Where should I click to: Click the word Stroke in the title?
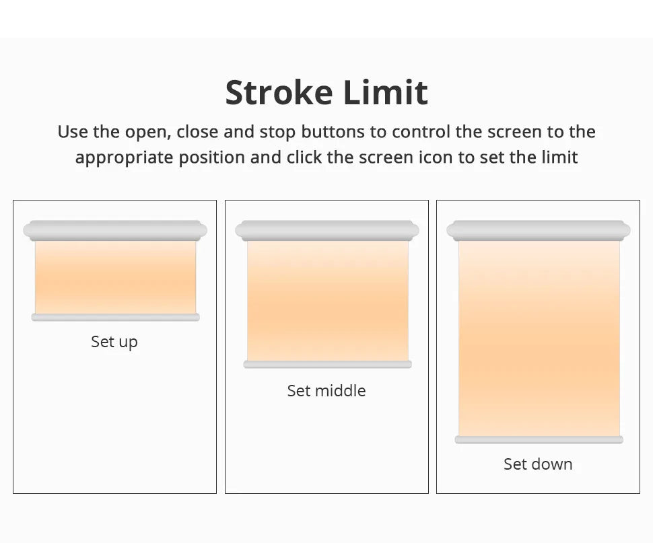click(279, 92)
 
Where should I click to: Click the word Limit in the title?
click(386, 92)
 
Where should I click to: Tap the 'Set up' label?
click(114, 342)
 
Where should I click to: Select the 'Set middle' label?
click(326, 391)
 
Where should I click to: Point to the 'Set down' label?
click(538, 464)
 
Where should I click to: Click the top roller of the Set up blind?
click(115, 231)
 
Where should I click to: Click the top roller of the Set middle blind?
click(327, 231)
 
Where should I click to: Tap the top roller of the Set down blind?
click(539, 231)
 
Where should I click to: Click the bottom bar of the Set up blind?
click(115, 318)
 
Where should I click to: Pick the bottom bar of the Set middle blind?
click(327, 365)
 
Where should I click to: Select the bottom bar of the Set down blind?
click(539, 440)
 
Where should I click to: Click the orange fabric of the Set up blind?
click(115, 277)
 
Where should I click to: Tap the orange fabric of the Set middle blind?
click(327, 301)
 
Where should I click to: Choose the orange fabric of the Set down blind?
click(539, 338)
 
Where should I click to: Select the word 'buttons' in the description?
click(333, 131)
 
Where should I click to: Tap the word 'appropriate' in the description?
click(124, 158)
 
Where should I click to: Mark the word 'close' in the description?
click(197, 131)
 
